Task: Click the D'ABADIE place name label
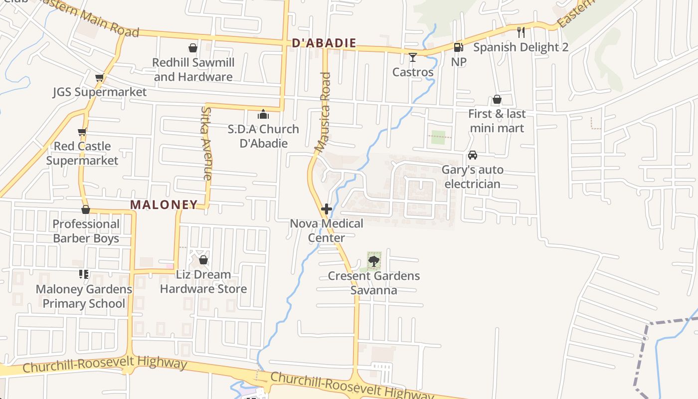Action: tap(324, 43)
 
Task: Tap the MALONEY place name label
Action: tap(164, 204)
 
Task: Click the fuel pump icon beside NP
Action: tap(458, 47)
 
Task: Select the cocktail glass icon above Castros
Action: tap(412, 57)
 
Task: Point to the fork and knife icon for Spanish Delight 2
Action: tap(521, 32)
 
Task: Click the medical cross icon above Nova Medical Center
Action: tap(327, 209)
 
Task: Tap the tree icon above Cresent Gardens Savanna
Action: tap(374, 260)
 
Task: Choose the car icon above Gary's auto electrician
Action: tap(473, 155)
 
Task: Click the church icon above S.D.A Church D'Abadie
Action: tap(263, 114)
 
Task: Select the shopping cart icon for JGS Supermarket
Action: tap(100, 78)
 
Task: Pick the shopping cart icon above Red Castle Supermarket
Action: tap(82, 132)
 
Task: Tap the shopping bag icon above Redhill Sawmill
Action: tap(193, 48)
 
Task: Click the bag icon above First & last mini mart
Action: tap(497, 100)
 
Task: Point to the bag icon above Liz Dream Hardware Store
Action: tap(203, 260)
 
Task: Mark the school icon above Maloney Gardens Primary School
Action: tap(84, 274)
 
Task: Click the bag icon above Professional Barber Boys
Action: tap(86, 209)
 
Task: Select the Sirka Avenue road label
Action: tap(206, 143)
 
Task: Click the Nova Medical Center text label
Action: tap(327, 230)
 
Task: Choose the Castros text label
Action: tap(413, 72)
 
